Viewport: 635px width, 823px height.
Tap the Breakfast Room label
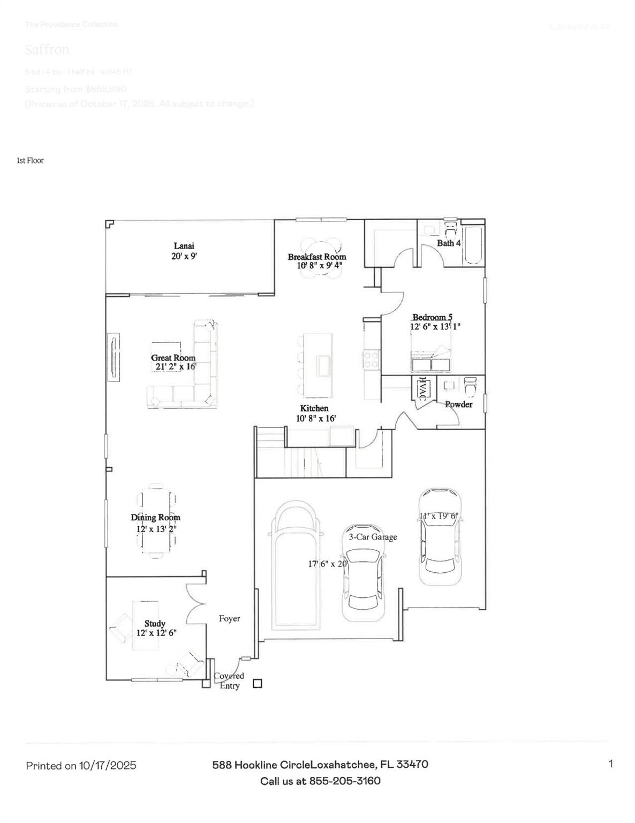point(317,257)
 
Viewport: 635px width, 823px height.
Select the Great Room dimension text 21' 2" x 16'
point(173,367)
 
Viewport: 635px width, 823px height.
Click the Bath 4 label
point(449,243)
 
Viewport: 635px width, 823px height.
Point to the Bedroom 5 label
point(432,317)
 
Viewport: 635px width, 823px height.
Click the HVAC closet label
point(422,388)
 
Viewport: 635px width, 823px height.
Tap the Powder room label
point(459,405)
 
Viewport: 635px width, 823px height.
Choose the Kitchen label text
point(314,408)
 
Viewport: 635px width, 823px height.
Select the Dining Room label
point(156,518)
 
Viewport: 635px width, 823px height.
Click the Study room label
point(155,624)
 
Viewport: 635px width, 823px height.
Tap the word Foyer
point(229,619)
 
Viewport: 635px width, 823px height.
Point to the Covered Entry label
point(229,681)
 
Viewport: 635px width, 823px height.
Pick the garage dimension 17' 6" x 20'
point(328,564)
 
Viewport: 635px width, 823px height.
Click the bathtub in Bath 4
point(473,245)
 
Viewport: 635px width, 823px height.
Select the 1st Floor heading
point(31,161)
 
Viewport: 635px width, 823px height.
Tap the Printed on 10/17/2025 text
point(81,766)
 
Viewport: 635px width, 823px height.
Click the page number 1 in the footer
point(610,764)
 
